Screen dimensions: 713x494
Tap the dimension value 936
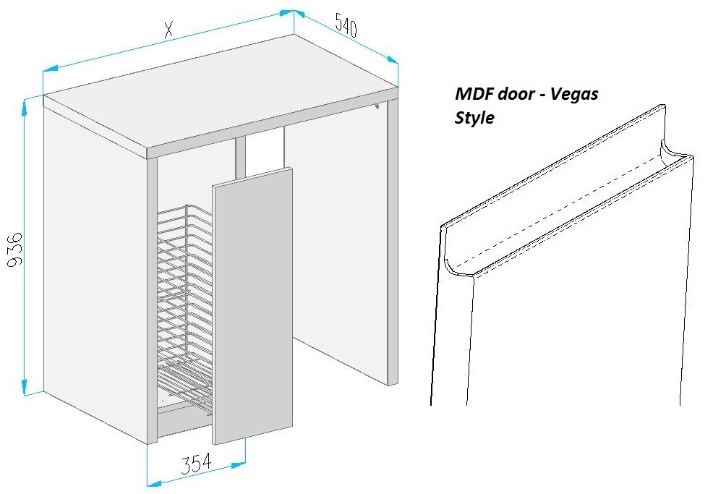[x=15, y=250]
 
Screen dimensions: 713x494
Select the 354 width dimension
[x=196, y=464]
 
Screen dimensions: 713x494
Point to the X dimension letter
[x=168, y=30]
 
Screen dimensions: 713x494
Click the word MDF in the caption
[x=474, y=94]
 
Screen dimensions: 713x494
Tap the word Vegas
[x=574, y=95]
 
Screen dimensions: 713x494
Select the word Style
[x=474, y=118]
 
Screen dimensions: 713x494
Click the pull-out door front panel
[x=252, y=306]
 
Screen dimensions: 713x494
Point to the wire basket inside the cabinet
[x=184, y=310]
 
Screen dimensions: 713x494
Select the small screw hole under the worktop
[x=377, y=106]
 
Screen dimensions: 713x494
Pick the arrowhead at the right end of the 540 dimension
[x=392, y=59]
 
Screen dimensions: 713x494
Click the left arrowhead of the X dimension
[x=51, y=69]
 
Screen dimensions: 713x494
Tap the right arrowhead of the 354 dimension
[x=239, y=465]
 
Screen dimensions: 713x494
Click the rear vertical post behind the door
[x=241, y=157]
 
